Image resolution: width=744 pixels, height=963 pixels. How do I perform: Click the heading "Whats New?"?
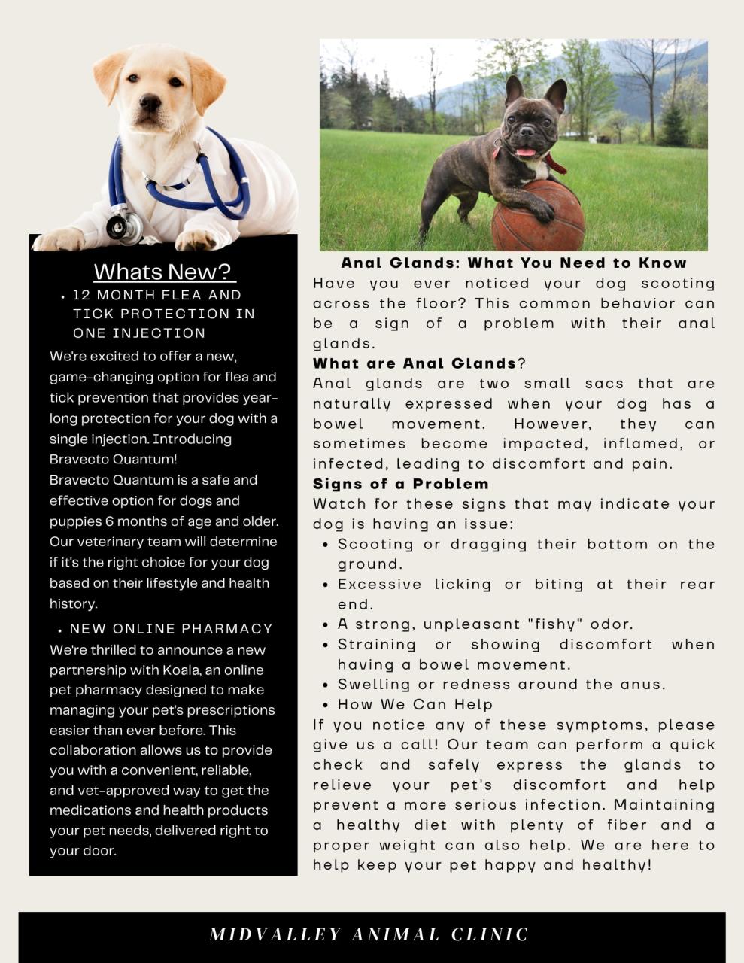pos(164,271)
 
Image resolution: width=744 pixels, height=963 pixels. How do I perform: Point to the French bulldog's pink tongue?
pos(526,152)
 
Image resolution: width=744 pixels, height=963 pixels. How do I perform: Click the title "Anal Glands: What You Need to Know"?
pos(514,263)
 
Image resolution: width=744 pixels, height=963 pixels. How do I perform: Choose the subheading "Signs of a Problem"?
pos(401,484)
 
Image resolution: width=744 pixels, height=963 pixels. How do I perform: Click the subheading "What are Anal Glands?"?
pos(419,363)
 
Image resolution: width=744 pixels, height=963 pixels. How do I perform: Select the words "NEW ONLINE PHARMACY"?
pos(172,628)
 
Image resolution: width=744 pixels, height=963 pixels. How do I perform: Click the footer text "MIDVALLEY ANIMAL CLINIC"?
pos(369,934)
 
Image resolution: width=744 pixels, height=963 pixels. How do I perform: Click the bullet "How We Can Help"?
pos(415,705)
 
